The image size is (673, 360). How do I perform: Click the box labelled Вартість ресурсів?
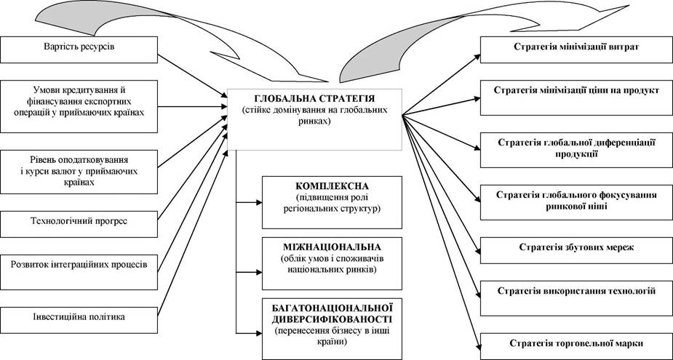[x=79, y=48]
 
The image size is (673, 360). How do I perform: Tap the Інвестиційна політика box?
[x=79, y=318]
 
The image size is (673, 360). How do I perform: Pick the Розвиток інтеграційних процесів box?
[x=79, y=264]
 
